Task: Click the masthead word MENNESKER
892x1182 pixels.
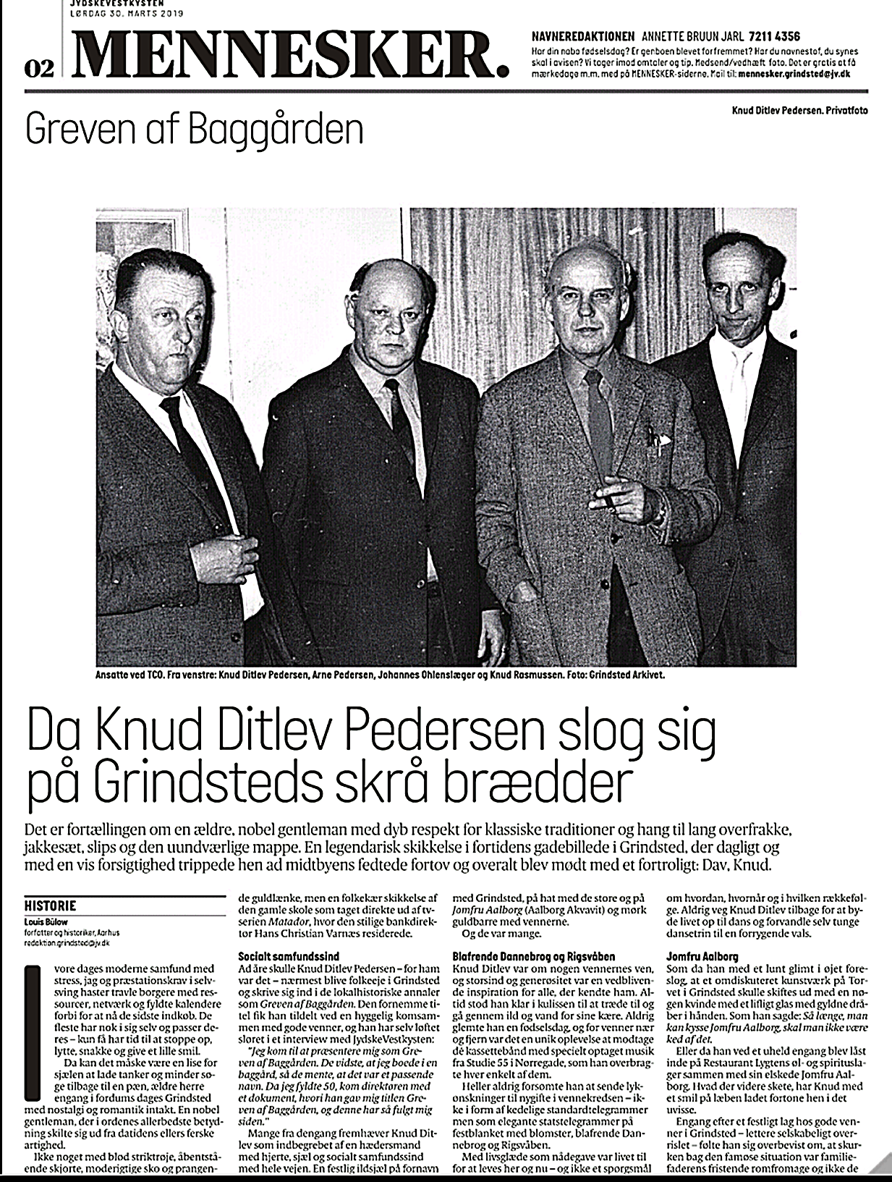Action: (286, 52)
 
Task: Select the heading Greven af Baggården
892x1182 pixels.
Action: (193, 130)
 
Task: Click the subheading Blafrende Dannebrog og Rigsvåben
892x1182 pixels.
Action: (534, 956)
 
